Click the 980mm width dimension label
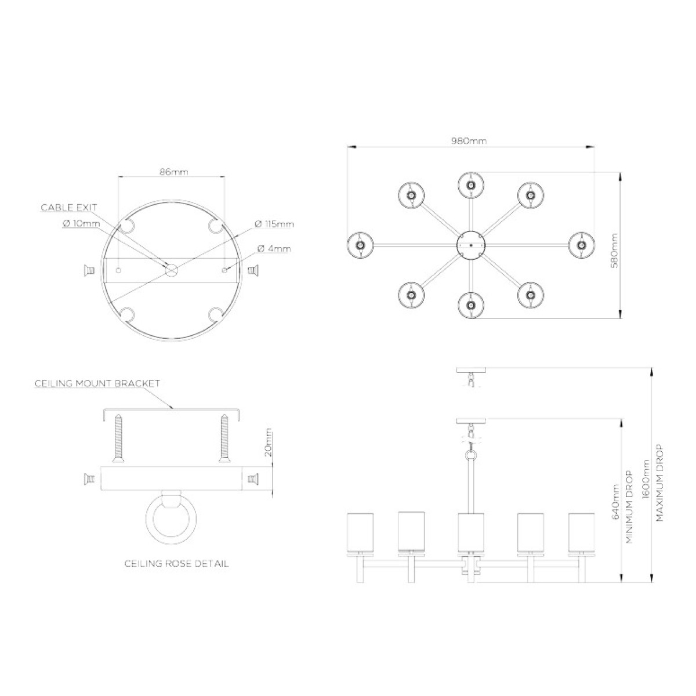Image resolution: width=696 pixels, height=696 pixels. click(469, 141)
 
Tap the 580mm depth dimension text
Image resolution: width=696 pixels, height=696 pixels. click(614, 251)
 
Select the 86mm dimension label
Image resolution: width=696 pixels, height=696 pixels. click(174, 172)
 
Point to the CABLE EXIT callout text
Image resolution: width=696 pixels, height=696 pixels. click(69, 208)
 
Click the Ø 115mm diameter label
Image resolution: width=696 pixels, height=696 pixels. click(274, 224)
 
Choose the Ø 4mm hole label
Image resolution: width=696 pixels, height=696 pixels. click(274, 249)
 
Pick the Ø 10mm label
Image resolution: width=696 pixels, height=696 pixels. click(82, 223)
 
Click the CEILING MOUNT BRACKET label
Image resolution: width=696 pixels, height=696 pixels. click(97, 383)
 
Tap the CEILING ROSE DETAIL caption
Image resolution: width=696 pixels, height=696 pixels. click(177, 564)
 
